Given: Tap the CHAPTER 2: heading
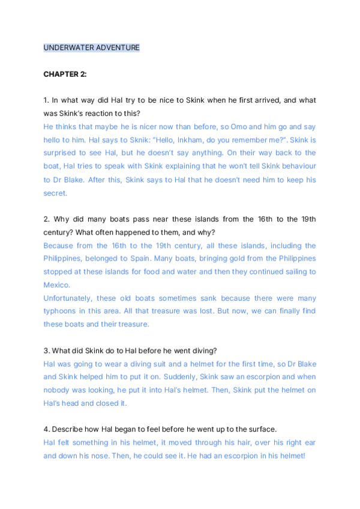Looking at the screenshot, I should point(65,74).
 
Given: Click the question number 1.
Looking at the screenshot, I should point(46,100).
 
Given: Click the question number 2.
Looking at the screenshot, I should point(46,219).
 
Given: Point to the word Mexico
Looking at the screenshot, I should point(56,285).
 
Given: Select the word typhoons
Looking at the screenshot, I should point(61,312).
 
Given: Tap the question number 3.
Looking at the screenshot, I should point(46,351).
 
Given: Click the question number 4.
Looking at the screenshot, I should point(46,429).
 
